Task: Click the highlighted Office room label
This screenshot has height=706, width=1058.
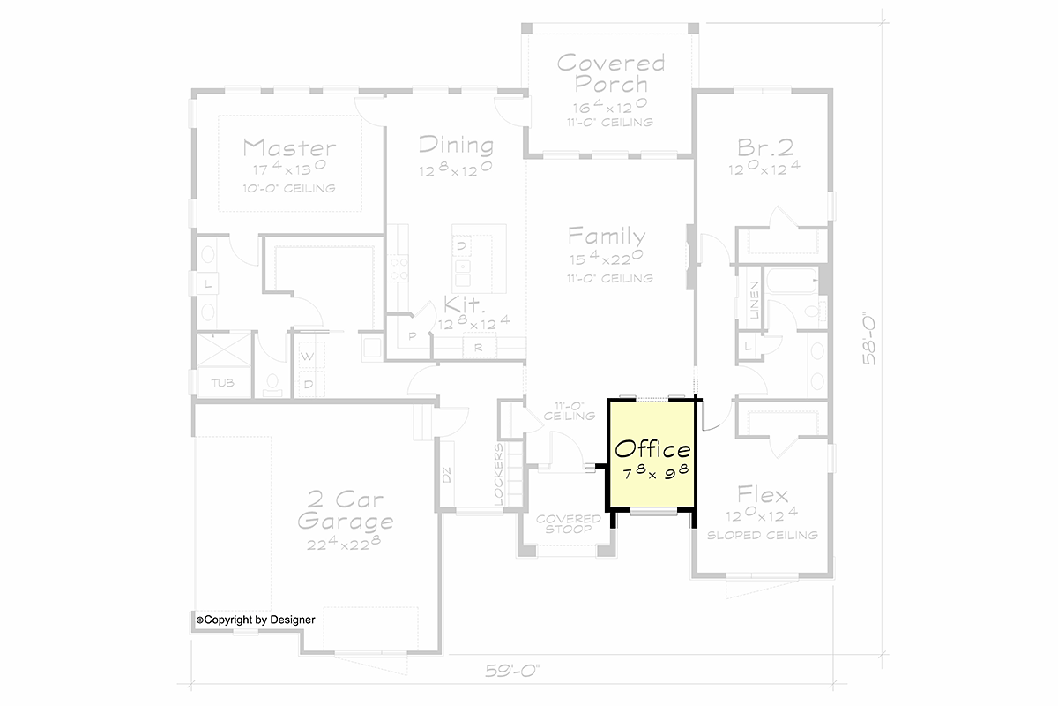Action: (652, 449)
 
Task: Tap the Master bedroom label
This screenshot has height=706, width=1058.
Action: (289, 147)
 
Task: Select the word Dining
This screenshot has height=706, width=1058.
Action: (457, 145)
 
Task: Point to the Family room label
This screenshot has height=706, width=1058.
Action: (607, 236)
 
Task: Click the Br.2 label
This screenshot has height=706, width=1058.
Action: (765, 147)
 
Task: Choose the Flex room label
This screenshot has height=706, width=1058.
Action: (763, 495)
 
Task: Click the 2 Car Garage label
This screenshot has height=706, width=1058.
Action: (346, 510)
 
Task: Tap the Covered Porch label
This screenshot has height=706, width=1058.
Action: (611, 74)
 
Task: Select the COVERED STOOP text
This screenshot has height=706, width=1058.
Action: (569, 524)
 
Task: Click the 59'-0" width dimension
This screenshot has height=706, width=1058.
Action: (512, 671)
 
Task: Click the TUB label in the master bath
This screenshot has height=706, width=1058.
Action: (222, 382)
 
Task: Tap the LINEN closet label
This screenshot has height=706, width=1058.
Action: (755, 300)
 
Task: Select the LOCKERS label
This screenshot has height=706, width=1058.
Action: (499, 474)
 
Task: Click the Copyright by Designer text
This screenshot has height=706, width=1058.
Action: (256, 620)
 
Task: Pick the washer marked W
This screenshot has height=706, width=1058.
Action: (307, 357)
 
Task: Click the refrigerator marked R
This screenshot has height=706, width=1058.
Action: (479, 348)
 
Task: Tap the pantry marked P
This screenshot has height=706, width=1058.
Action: (413, 336)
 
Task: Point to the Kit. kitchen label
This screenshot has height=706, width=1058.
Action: (465, 305)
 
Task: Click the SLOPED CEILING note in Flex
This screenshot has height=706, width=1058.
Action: (763, 535)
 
